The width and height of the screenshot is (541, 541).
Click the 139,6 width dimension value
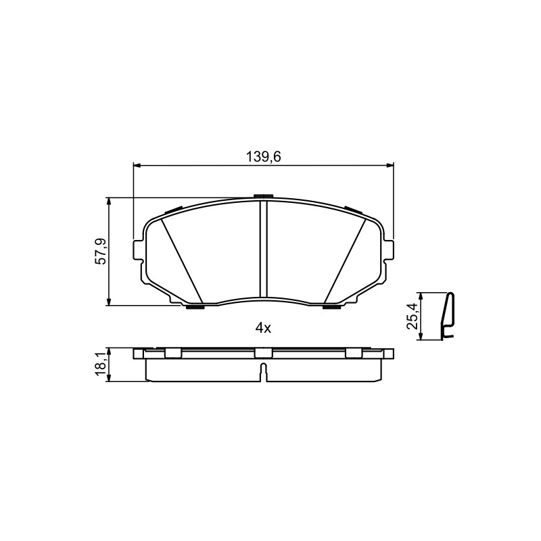pyautogui.click(x=263, y=157)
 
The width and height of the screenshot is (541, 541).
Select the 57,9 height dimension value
pyautogui.click(x=102, y=252)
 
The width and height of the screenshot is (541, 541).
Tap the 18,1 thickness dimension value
pyautogui.click(x=102, y=364)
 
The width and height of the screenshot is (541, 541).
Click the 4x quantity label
pyautogui.click(x=263, y=329)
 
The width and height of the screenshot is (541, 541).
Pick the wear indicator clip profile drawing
pyautogui.click(x=448, y=316)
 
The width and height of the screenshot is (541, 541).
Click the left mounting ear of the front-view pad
pyautogui.click(x=138, y=250)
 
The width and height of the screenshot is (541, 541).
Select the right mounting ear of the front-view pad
pyautogui.click(x=388, y=250)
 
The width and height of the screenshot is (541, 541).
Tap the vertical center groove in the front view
pyautogui.click(x=263, y=249)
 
